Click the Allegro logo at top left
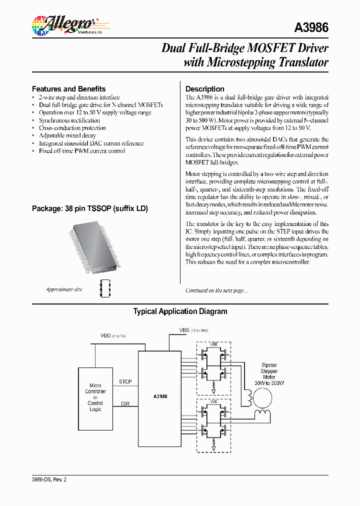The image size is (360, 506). [x=64, y=24]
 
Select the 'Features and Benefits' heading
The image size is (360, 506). [x=68, y=88]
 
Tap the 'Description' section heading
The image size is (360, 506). [x=204, y=89]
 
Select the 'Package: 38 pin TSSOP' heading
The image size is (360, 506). [x=89, y=208]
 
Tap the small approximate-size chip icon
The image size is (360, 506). [x=104, y=288]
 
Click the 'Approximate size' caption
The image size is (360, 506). [x=64, y=289]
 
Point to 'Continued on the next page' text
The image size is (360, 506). [x=216, y=290]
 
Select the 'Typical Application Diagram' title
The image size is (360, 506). [x=180, y=311]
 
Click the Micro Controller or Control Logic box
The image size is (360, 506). [x=95, y=397]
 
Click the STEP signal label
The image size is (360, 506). [x=125, y=381]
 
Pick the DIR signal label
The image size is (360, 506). [x=125, y=402]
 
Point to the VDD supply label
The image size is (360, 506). [x=106, y=335]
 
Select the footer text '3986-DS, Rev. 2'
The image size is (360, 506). [x=49, y=479]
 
